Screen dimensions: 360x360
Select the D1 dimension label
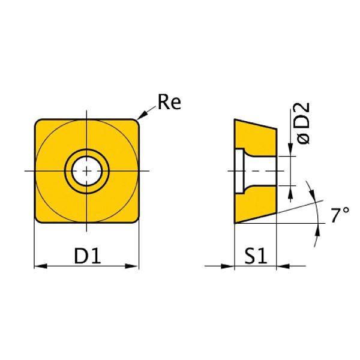(x=87, y=256)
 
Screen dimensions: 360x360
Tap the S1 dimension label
(x=254, y=256)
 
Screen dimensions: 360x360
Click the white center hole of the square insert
(x=87, y=172)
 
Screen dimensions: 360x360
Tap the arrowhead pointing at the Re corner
(x=141, y=116)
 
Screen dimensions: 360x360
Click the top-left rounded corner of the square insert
(x=39, y=122)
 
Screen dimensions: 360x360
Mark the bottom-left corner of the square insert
(x=39, y=221)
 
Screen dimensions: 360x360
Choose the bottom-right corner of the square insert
(x=136, y=221)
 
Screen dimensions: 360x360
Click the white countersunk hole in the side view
(x=246, y=172)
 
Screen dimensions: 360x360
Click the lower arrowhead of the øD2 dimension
(x=292, y=191)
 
